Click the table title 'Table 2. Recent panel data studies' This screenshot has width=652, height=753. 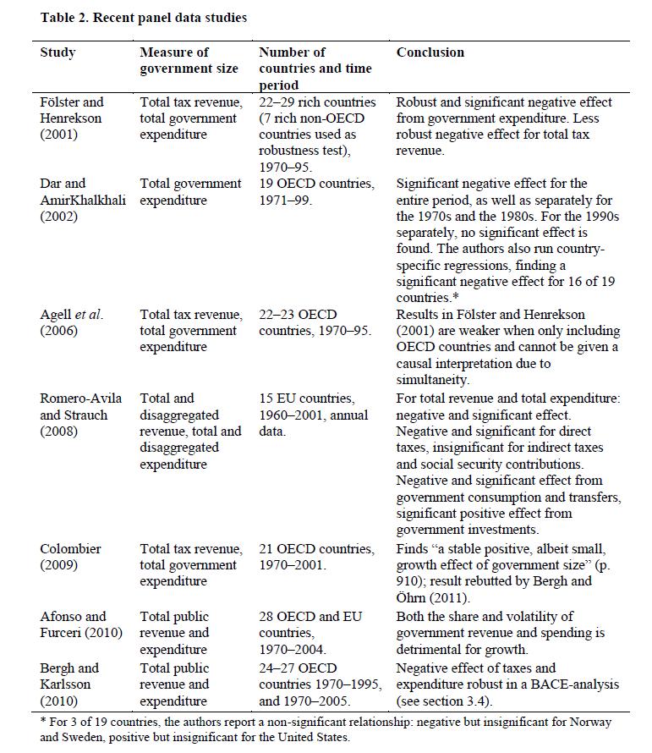144,18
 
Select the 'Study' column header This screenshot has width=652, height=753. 58,52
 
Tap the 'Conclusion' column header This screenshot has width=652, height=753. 430,52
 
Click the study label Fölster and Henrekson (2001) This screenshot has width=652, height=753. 72,118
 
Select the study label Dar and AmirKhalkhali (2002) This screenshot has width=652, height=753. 83,200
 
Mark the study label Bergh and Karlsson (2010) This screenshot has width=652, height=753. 71,684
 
